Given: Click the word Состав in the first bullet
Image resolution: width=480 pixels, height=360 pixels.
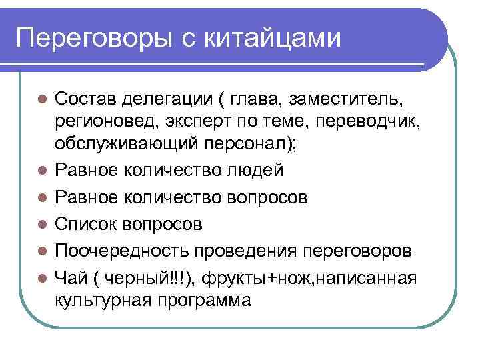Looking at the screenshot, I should click(85, 100).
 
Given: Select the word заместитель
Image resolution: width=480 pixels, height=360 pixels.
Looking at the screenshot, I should click(349, 100).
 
